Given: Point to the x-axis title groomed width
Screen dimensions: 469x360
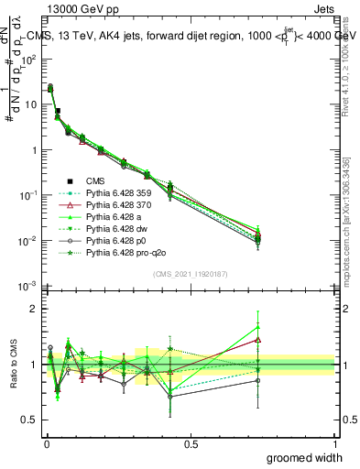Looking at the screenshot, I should tap(305, 457).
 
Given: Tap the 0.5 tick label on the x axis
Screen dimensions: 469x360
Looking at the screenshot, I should tap(191, 443).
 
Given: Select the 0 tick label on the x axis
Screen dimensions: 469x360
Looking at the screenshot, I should tap(46, 443).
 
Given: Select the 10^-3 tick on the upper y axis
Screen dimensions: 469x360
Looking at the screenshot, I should tap(29, 287).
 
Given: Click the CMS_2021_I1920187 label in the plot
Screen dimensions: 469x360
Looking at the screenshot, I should tap(191, 275).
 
